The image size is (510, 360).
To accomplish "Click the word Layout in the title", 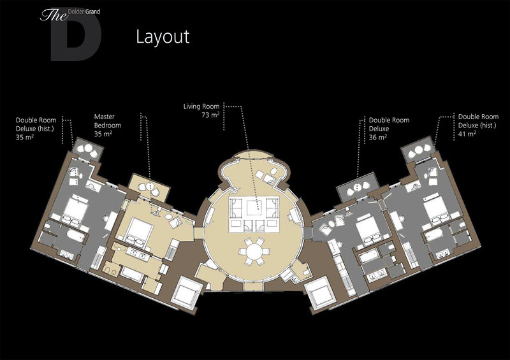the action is pyautogui.click(x=163, y=37).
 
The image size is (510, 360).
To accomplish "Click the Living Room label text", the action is pyautogui.click(x=201, y=106).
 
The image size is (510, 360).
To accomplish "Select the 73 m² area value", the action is pyautogui.click(x=210, y=115).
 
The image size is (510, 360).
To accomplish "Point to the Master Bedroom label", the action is pyautogui.click(x=107, y=121).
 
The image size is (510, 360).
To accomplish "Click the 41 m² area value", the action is pyautogui.click(x=467, y=134).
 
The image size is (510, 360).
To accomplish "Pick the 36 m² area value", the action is pyautogui.click(x=377, y=137).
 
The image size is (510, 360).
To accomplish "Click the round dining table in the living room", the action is pyautogui.click(x=254, y=251).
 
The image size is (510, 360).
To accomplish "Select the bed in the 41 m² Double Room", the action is pyautogui.click(x=437, y=209).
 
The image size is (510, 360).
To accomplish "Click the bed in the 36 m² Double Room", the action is pyautogui.click(x=370, y=229).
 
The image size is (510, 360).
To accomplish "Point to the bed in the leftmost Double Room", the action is pyautogui.click(x=75, y=210).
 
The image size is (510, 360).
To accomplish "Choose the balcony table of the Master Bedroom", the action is pyautogui.click(x=150, y=186).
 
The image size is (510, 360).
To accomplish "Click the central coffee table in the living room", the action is pyautogui.click(x=254, y=208).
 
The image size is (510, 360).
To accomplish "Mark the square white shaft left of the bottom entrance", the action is pyautogui.click(x=186, y=292).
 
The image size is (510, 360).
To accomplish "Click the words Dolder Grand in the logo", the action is pyautogui.click(x=84, y=12).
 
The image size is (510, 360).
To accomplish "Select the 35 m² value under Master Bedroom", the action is pyautogui.click(x=103, y=134).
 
